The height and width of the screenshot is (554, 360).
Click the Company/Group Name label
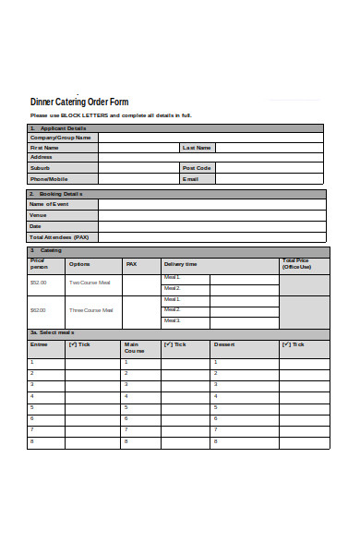tap(61, 138)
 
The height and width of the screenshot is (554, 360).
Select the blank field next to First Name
tap(138, 148)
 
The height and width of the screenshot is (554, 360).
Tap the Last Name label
tap(197, 148)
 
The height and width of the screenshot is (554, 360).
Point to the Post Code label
tap(197, 168)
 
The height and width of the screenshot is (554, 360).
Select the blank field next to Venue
tap(211, 215)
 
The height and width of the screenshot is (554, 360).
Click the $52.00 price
tap(39, 283)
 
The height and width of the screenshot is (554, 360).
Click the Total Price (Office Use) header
tap(296, 264)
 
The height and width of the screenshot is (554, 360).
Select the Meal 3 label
tap(172, 320)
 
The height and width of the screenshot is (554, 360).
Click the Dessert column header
tap(224, 344)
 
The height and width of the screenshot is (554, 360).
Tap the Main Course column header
tap(134, 348)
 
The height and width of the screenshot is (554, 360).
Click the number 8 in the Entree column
tap(32, 441)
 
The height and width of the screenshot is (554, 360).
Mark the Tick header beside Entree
tap(79, 344)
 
